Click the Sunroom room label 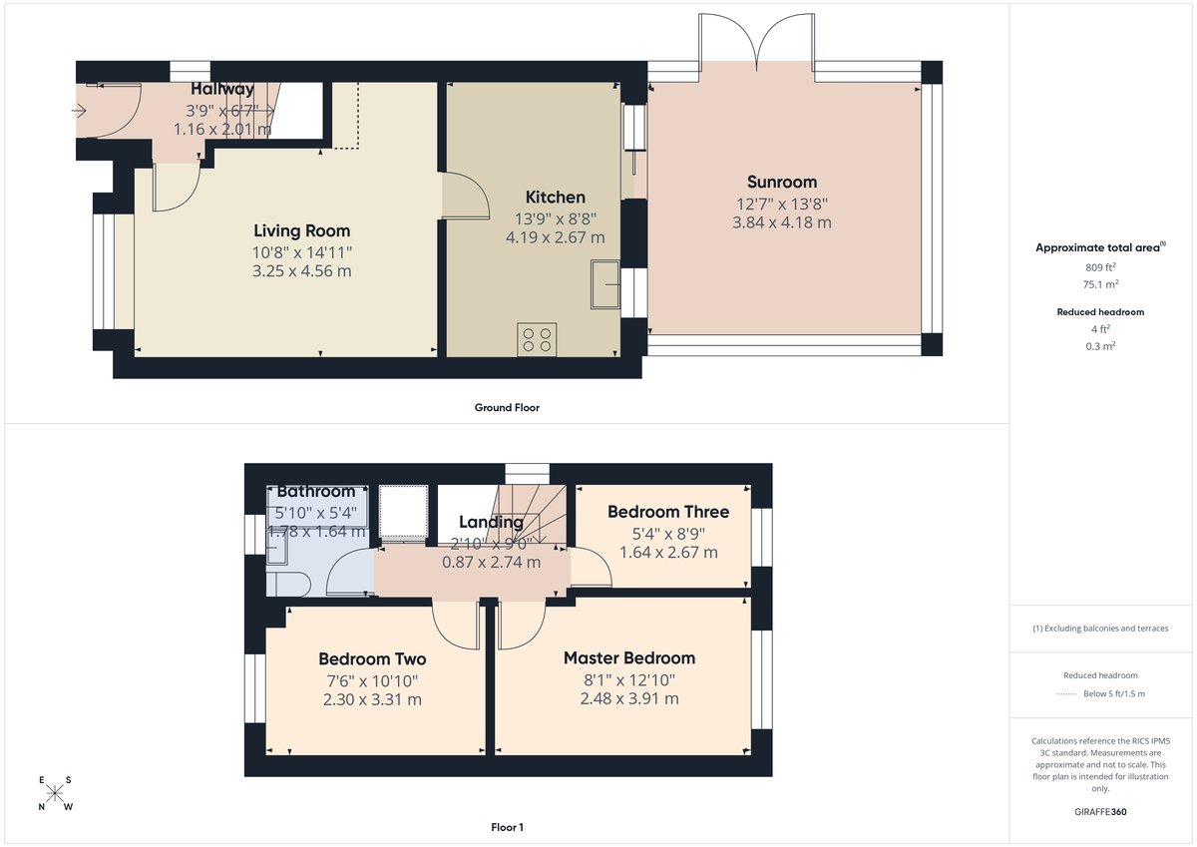click(782, 182)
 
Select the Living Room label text click(301, 230)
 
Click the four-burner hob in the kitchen click(537, 339)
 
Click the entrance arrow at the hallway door click(80, 111)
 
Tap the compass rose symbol click(55, 794)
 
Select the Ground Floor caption click(507, 408)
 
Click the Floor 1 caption click(507, 827)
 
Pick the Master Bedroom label click(628, 658)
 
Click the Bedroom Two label click(372, 659)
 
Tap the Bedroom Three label click(668, 512)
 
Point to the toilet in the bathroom click(287, 584)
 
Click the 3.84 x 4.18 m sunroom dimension click(782, 222)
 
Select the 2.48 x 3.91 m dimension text click(628, 699)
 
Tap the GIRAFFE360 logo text click(1100, 812)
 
